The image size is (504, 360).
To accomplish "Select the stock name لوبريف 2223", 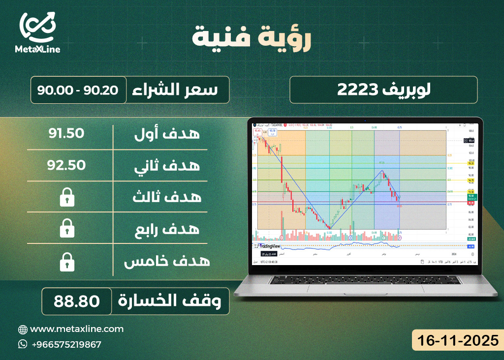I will tap(383, 90).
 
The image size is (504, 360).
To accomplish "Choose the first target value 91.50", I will tap(66, 133).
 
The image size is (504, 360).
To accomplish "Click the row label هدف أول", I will tap(167, 133).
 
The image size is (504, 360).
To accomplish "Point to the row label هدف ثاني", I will tap(167, 165).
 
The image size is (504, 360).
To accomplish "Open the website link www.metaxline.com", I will tap(77, 329).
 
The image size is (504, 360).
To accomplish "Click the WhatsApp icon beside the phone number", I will tap(23, 344).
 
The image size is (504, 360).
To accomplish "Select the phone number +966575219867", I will tap(66, 344).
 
